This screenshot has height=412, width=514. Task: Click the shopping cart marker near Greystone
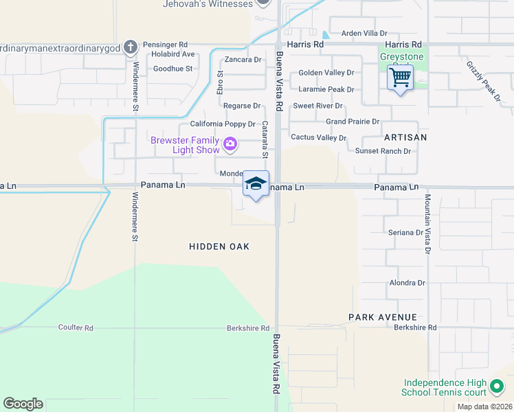point(399,77)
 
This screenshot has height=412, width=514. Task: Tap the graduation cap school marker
point(256,184)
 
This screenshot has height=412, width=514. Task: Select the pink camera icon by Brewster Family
point(230,145)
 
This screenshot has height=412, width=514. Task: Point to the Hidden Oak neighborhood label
point(219,247)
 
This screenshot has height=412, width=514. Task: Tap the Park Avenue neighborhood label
point(382,317)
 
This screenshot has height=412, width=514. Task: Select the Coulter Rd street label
point(76,328)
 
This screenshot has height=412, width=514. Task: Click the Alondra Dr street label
point(407,283)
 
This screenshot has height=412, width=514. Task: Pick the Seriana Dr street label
point(406,233)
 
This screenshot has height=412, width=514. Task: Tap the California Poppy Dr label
point(223,124)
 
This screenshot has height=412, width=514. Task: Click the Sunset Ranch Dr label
point(383,151)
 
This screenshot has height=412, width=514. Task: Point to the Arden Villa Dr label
point(365,33)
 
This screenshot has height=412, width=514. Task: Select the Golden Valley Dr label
point(326,73)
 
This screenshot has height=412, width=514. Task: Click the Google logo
point(23,404)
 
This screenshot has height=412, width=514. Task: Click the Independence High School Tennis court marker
point(496,387)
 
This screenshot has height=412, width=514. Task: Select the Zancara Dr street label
point(243,60)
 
